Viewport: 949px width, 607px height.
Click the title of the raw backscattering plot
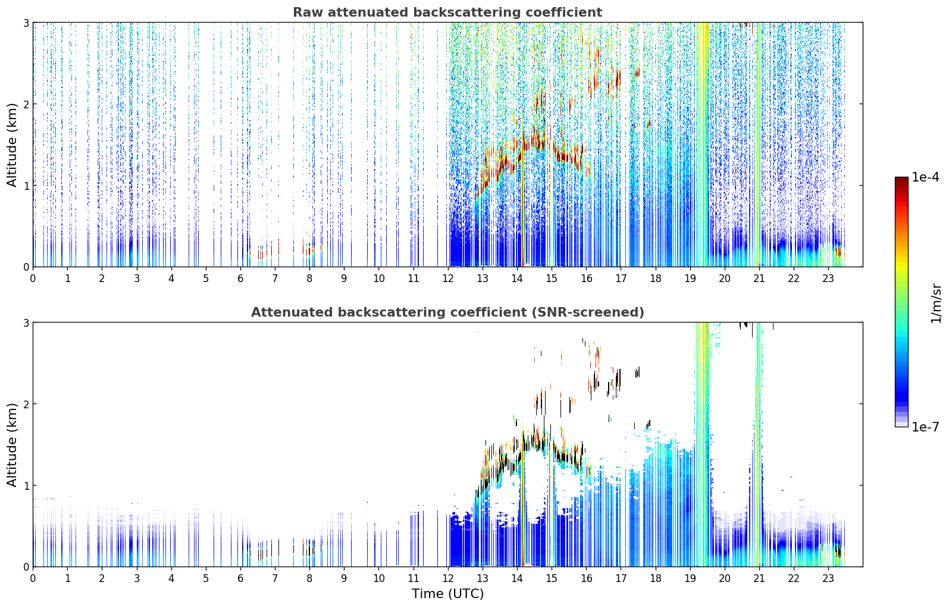(x=447, y=12)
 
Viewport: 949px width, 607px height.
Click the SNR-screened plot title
(x=447, y=312)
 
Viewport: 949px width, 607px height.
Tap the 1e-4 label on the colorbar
(x=926, y=177)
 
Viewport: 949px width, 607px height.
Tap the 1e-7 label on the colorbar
(x=926, y=427)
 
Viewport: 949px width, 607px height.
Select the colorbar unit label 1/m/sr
(x=936, y=304)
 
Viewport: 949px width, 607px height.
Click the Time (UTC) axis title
(x=447, y=593)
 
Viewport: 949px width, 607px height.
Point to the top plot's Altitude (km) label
(x=12, y=145)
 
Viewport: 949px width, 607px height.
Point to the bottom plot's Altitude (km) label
(x=12, y=445)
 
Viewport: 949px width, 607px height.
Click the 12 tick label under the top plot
(x=448, y=279)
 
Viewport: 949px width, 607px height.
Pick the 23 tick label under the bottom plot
(x=828, y=578)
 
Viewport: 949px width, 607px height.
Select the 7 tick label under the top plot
(x=275, y=279)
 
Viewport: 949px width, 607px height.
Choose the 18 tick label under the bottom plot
(x=656, y=578)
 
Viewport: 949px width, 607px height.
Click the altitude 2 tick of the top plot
(x=26, y=104)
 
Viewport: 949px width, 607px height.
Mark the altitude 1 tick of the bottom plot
(x=26, y=486)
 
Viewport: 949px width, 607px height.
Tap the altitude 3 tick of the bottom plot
(x=26, y=323)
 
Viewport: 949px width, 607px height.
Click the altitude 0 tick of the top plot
(x=26, y=267)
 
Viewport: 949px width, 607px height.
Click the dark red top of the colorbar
(x=901, y=180)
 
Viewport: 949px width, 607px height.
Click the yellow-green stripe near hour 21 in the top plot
(x=759, y=144)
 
